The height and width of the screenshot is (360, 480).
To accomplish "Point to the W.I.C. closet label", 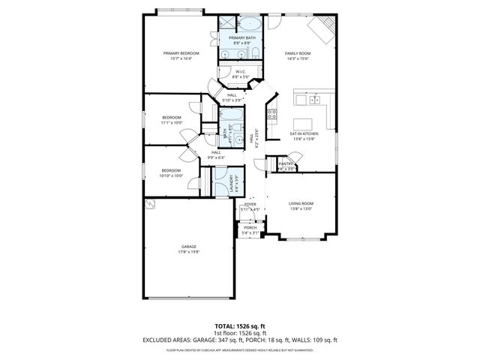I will pyautogui.click(x=240, y=72).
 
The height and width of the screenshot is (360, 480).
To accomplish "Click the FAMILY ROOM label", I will pyautogui.click(x=297, y=53).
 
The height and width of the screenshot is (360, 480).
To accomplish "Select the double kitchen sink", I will pyautogui.click(x=315, y=99).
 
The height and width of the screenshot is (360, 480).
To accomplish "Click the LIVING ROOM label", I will pyautogui.click(x=301, y=203).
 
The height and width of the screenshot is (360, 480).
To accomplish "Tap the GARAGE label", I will pyautogui.click(x=188, y=247).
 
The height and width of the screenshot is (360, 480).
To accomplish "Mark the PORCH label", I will pyautogui.click(x=250, y=228).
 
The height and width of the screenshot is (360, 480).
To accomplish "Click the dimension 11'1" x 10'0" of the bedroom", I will pyautogui.click(x=172, y=123).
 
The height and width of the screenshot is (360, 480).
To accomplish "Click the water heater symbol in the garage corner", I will pyautogui.click(x=150, y=204).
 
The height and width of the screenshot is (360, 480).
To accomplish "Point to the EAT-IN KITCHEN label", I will pyautogui.click(x=305, y=133).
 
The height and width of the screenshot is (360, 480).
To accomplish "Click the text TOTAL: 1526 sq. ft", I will pyautogui.click(x=240, y=326).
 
